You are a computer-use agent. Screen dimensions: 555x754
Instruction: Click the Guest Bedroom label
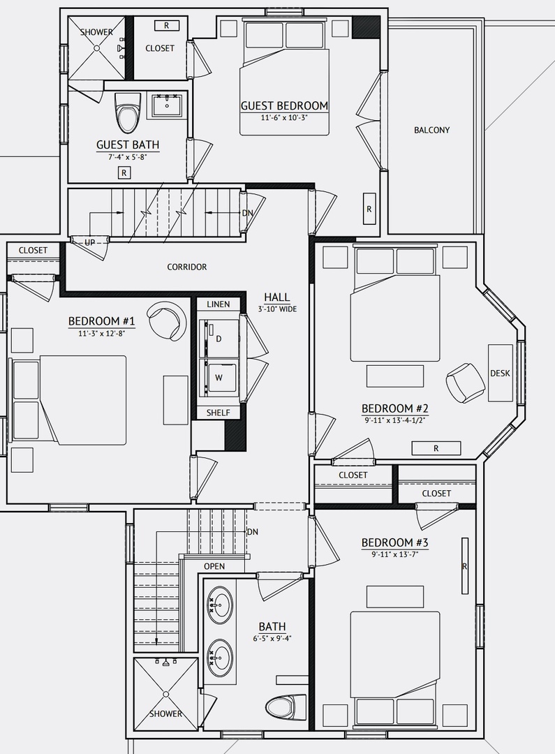(x=284, y=105)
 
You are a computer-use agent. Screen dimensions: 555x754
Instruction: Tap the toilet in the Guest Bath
(x=128, y=112)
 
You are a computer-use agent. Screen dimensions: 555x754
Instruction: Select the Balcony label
(x=432, y=130)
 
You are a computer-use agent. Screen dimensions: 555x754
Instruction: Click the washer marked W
(x=219, y=378)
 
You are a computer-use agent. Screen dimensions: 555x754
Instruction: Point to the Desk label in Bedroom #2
(x=500, y=373)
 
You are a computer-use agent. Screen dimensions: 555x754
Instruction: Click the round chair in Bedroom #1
(x=167, y=321)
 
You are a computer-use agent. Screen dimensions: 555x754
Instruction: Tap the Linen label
(x=219, y=304)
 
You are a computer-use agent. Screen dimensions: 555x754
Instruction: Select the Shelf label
(x=219, y=413)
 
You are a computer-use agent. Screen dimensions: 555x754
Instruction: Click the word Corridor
(x=187, y=267)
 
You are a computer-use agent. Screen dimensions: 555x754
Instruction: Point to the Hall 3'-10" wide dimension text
(x=278, y=309)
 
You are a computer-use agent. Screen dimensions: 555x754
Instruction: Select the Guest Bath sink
(x=167, y=105)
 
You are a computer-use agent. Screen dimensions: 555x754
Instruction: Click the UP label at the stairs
(x=90, y=243)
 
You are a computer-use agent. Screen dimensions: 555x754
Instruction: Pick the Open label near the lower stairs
(x=214, y=566)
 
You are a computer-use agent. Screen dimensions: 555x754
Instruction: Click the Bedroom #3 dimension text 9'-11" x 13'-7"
(x=394, y=554)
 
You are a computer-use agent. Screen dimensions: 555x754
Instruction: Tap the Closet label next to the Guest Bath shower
(x=160, y=48)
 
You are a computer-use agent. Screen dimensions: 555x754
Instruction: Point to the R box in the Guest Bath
(x=124, y=172)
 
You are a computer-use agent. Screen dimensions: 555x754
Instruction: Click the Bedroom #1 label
(x=101, y=320)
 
